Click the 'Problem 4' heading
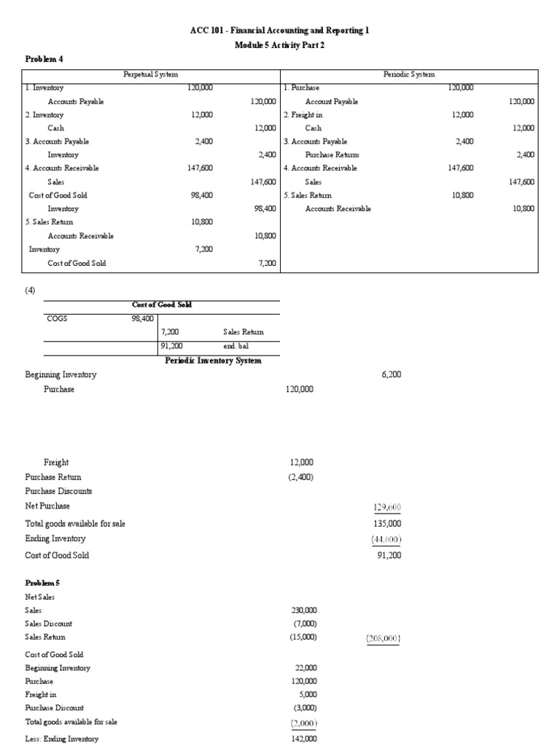42,59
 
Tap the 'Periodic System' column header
409,75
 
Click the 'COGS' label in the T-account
57,318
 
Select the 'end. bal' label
237,347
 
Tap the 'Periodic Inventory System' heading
213,361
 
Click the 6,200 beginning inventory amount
390,374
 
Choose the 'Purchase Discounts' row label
58,491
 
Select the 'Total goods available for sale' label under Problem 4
75,524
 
